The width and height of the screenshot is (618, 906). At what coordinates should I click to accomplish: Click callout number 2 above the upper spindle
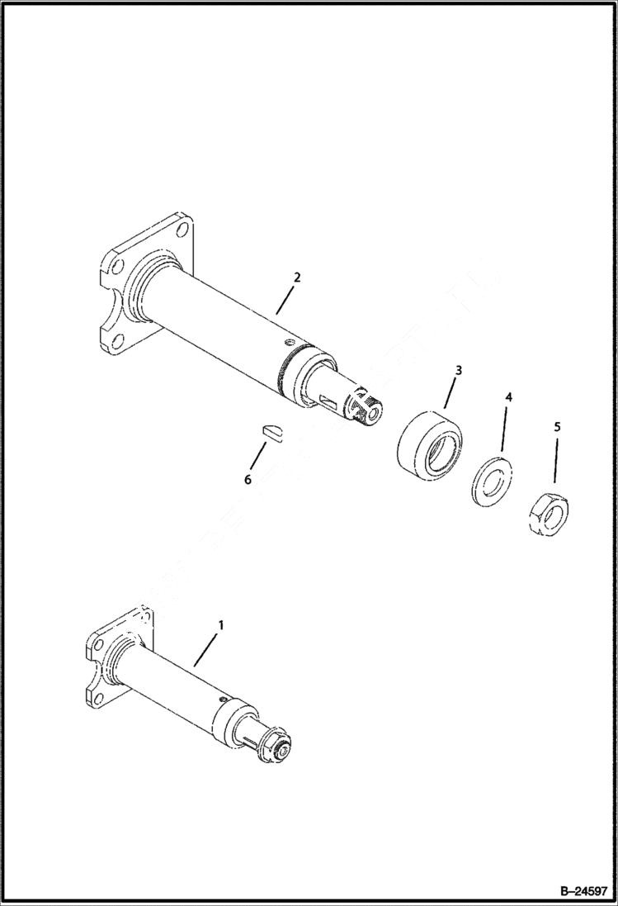297,277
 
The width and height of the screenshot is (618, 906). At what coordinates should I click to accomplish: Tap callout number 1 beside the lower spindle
219,627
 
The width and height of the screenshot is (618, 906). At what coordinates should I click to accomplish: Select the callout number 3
458,370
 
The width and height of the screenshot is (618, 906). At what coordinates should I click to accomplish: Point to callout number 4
508,397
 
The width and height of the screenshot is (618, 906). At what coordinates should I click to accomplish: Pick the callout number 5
557,427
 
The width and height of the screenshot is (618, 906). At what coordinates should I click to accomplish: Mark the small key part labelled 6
270,429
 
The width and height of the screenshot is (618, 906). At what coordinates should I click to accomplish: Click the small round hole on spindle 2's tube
288,341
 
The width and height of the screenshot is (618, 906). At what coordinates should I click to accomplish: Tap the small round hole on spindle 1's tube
223,699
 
